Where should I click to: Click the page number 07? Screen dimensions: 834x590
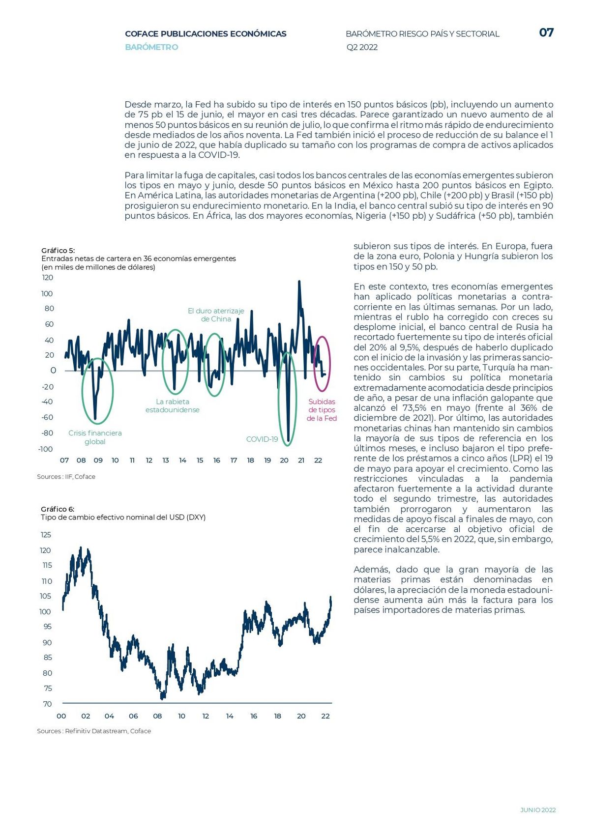click(546, 32)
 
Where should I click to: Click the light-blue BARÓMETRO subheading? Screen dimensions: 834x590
click(151, 47)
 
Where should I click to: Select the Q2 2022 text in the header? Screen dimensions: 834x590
click(362, 47)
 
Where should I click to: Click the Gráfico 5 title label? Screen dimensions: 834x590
click(58, 250)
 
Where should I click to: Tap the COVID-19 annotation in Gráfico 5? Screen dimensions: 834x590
click(262, 439)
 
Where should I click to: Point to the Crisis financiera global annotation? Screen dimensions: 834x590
click(95, 437)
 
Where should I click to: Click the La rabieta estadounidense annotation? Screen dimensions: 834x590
click(173, 405)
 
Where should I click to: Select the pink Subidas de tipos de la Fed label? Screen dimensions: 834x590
click(322, 409)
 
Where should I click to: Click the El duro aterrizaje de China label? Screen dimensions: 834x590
click(216, 315)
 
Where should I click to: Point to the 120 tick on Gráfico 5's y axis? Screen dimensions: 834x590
click(48, 278)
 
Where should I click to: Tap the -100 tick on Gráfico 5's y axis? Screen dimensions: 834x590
click(46, 449)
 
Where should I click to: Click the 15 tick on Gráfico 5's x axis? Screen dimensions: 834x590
click(200, 460)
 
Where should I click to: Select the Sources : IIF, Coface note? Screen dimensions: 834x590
click(66, 476)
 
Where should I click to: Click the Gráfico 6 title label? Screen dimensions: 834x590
click(58, 509)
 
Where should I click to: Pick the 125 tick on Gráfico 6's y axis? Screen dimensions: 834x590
click(46, 535)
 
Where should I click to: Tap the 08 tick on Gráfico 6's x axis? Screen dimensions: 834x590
click(157, 716)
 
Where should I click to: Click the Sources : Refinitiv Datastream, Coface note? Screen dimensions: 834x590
click(94, 731)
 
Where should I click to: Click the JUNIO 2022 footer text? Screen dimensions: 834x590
click(538, 809)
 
